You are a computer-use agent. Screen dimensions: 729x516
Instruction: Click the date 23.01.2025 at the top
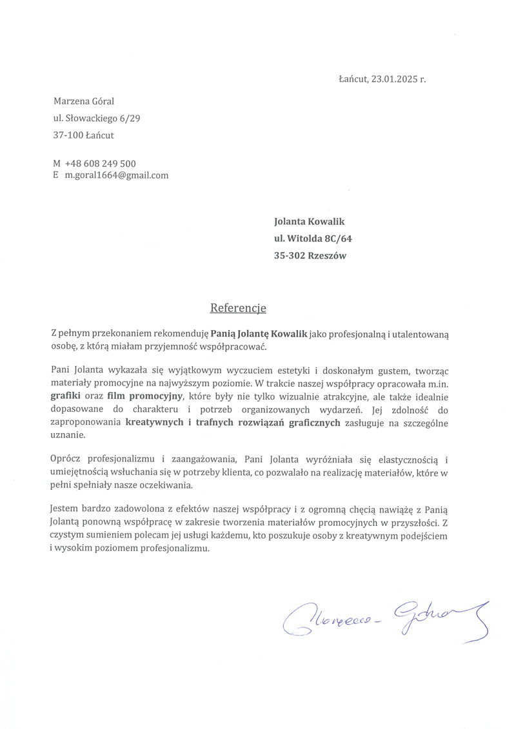point(394,80)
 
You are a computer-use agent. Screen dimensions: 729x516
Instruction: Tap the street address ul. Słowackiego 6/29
point(97,118)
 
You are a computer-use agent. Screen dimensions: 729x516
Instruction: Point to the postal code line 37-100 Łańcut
point(84,135)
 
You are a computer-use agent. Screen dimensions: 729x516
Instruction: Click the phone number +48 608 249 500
point(100,164)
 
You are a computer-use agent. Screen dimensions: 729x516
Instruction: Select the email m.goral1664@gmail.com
point(116,175)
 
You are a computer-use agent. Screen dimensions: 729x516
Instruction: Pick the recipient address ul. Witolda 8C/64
point(313,238)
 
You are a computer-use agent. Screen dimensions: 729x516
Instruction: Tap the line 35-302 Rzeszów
point(310,255)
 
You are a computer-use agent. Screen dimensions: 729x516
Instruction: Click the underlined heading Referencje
point(238,308)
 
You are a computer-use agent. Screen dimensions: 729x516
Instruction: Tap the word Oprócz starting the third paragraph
point(66,459)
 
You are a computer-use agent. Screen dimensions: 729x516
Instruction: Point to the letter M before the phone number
point(57,164)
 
